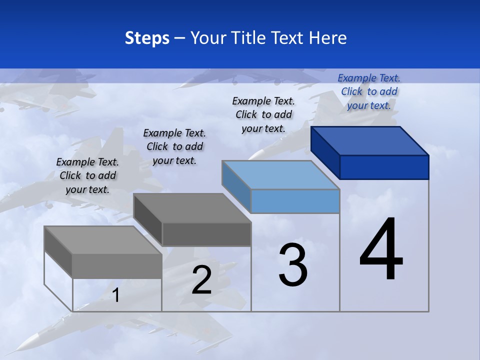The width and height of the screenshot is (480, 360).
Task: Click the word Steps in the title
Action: point(147,38)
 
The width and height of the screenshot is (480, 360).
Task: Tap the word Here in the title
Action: point(328,38)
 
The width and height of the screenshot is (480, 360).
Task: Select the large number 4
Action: point(381,250)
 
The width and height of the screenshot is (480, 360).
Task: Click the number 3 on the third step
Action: point(293,265)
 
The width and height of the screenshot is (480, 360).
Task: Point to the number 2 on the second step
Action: point(201,280)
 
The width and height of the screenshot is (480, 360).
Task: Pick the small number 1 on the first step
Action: point(116,295)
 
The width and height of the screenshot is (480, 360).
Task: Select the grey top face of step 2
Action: point(192,208)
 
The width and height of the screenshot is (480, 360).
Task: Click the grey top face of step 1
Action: point(103,240)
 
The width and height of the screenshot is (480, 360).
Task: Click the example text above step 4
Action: point(369,91)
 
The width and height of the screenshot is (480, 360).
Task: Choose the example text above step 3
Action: point(263,114)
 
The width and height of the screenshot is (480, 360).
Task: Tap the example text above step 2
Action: point(174,146)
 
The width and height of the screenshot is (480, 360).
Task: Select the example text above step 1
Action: point(87,175)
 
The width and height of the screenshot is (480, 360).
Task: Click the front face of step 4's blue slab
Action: point(384,167)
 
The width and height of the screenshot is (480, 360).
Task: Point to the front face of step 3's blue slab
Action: point(295,201)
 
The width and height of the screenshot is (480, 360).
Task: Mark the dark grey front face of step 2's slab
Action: point(206,234)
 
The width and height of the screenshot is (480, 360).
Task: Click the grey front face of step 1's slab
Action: point(117,266)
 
